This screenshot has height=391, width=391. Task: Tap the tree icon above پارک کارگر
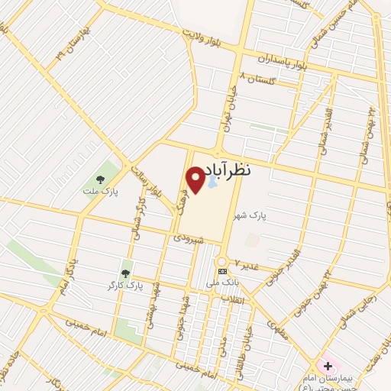[x=125, y=273]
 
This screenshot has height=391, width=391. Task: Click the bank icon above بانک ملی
[x=223, y=271]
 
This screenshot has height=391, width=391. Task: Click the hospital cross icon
[x=328, y=367]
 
